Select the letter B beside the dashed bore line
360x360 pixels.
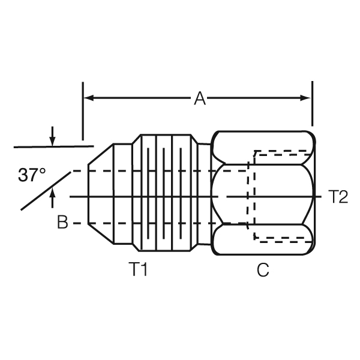click(x=63, y=223)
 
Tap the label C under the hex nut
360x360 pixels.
click(x=262, y=271)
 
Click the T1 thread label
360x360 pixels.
click(x=139, y=271)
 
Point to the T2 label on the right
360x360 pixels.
click(x=338, y=197)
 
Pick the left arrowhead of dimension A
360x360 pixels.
click(x=88, y=97)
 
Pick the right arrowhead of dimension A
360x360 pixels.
click(x=307, y=97)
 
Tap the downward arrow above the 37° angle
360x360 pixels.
click(x=53, y=139)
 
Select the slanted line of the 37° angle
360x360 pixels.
click(x=45, y=191)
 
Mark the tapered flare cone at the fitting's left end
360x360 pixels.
click(x=101, y=197)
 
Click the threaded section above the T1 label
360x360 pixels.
click(x=165, y=197)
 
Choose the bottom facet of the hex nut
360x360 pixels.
click(x=263, y=242)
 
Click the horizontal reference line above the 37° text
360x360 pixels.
click(x=54, y=146)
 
